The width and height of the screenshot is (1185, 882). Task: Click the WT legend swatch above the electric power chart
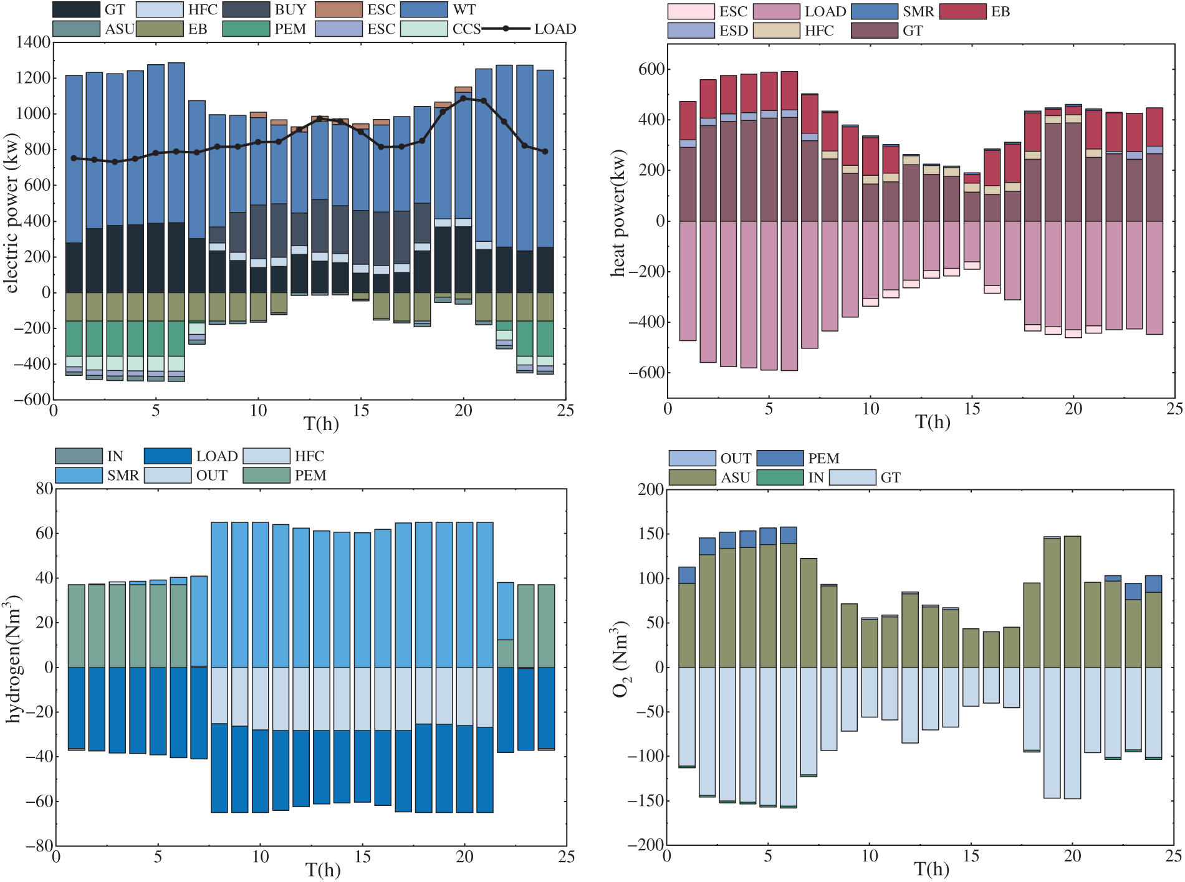pos(424,10)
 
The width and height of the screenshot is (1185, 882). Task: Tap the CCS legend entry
pos(424,29)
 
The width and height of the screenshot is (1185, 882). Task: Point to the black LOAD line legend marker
pos(507,29)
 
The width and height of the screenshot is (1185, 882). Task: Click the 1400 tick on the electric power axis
pos(34,42)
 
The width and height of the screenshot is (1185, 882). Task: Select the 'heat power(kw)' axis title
pos(618,213)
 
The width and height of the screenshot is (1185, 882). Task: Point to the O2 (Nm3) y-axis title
pos(621,659)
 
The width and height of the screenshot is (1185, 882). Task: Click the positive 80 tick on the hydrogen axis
pos(44,489)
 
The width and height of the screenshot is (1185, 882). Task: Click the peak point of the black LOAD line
pos(463,98)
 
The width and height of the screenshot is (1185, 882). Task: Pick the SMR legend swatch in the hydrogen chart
pos(79,476)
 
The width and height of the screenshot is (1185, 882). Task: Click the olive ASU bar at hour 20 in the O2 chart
pos(1072,602)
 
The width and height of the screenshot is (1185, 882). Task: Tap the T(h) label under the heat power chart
pos(933,422)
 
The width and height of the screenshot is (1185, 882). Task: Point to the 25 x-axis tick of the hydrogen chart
pos(566,857)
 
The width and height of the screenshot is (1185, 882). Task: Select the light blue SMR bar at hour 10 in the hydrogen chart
pos(260,595)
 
